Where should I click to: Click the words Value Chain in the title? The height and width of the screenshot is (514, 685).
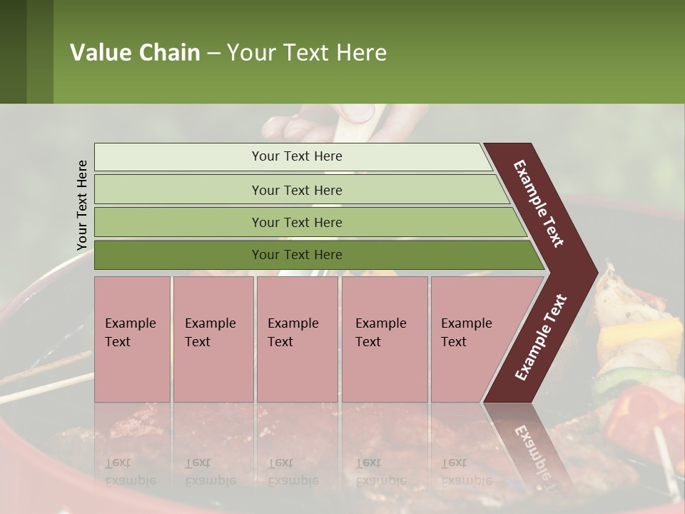pyautogui.click(x=135, y=53)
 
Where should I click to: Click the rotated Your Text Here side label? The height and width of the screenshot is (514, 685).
pyautogui.click(x=82, y=205)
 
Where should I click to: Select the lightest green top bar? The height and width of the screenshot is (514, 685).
pyautogui.click(x=296, y=156)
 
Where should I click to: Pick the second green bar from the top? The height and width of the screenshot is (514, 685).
pyautogui.click(x=296, y=190)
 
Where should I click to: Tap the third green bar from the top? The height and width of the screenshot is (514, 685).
pyautogui.click(x=296, y=222)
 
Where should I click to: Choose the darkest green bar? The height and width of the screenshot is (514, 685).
pyautogui.click(x=296, y=255)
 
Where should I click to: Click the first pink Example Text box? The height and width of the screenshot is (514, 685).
pyautogui.click(x=132, y=339)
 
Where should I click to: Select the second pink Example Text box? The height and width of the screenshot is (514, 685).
pyautogui.click(x=213, y=339)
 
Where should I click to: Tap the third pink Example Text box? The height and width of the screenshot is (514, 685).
pyautogui.click(x=297, y=339)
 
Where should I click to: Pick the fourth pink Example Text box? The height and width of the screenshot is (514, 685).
pyautogui.click(x=385, y=339)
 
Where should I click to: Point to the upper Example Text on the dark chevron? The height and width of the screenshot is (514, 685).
pyautogui.click(x=539, y=203)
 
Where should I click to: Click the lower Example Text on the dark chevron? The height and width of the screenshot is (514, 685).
pyautogui.click(x=540, y=337)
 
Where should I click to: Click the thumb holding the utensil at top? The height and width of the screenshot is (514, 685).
pyautogui.click(x=357, y=113)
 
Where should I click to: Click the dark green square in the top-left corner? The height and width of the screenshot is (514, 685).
pyautogui.click(x=13, y=51)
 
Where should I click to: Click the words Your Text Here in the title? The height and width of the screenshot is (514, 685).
pyautogui.click(x=307, y=53)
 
